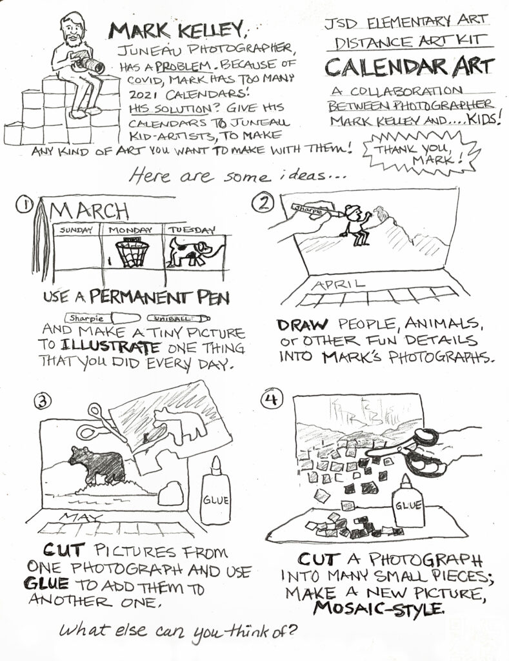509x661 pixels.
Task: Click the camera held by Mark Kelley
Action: (x=88, y=63)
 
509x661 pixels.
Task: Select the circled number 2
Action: (x=263, y=203)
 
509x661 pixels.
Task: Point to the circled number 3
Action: (x=43, y=401)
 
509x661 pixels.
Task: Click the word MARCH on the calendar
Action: (x=89, y=211)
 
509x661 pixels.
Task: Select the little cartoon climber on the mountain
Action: (x=357, y=225)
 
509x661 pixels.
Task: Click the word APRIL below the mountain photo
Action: (x=338, y=284)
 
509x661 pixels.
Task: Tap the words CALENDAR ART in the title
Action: (x=409, y=66)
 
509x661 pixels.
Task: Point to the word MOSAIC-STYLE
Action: (x=378, y=608)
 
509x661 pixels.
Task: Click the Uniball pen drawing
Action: (x=178, y=318)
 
